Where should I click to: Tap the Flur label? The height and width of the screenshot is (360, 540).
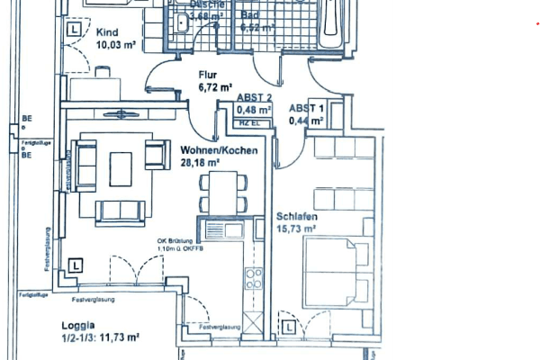[x=209, y=76]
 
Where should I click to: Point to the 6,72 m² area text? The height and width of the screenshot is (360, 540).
[x=215, y=88]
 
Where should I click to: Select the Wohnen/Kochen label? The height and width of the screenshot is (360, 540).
[x=220, y=150]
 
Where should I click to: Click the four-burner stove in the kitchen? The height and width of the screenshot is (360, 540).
[x=255, y=278]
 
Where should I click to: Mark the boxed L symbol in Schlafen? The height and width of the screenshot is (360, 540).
[x=288, y=328]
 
